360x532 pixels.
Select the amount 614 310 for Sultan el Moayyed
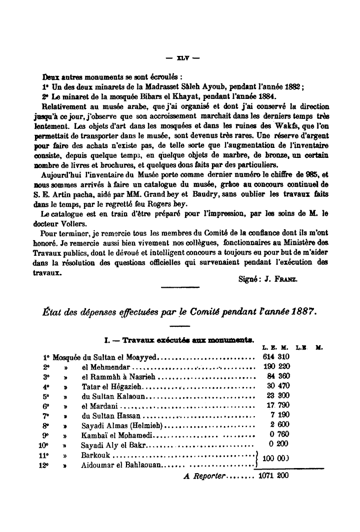click(275, 357)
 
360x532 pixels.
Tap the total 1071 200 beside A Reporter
click(273, 476)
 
